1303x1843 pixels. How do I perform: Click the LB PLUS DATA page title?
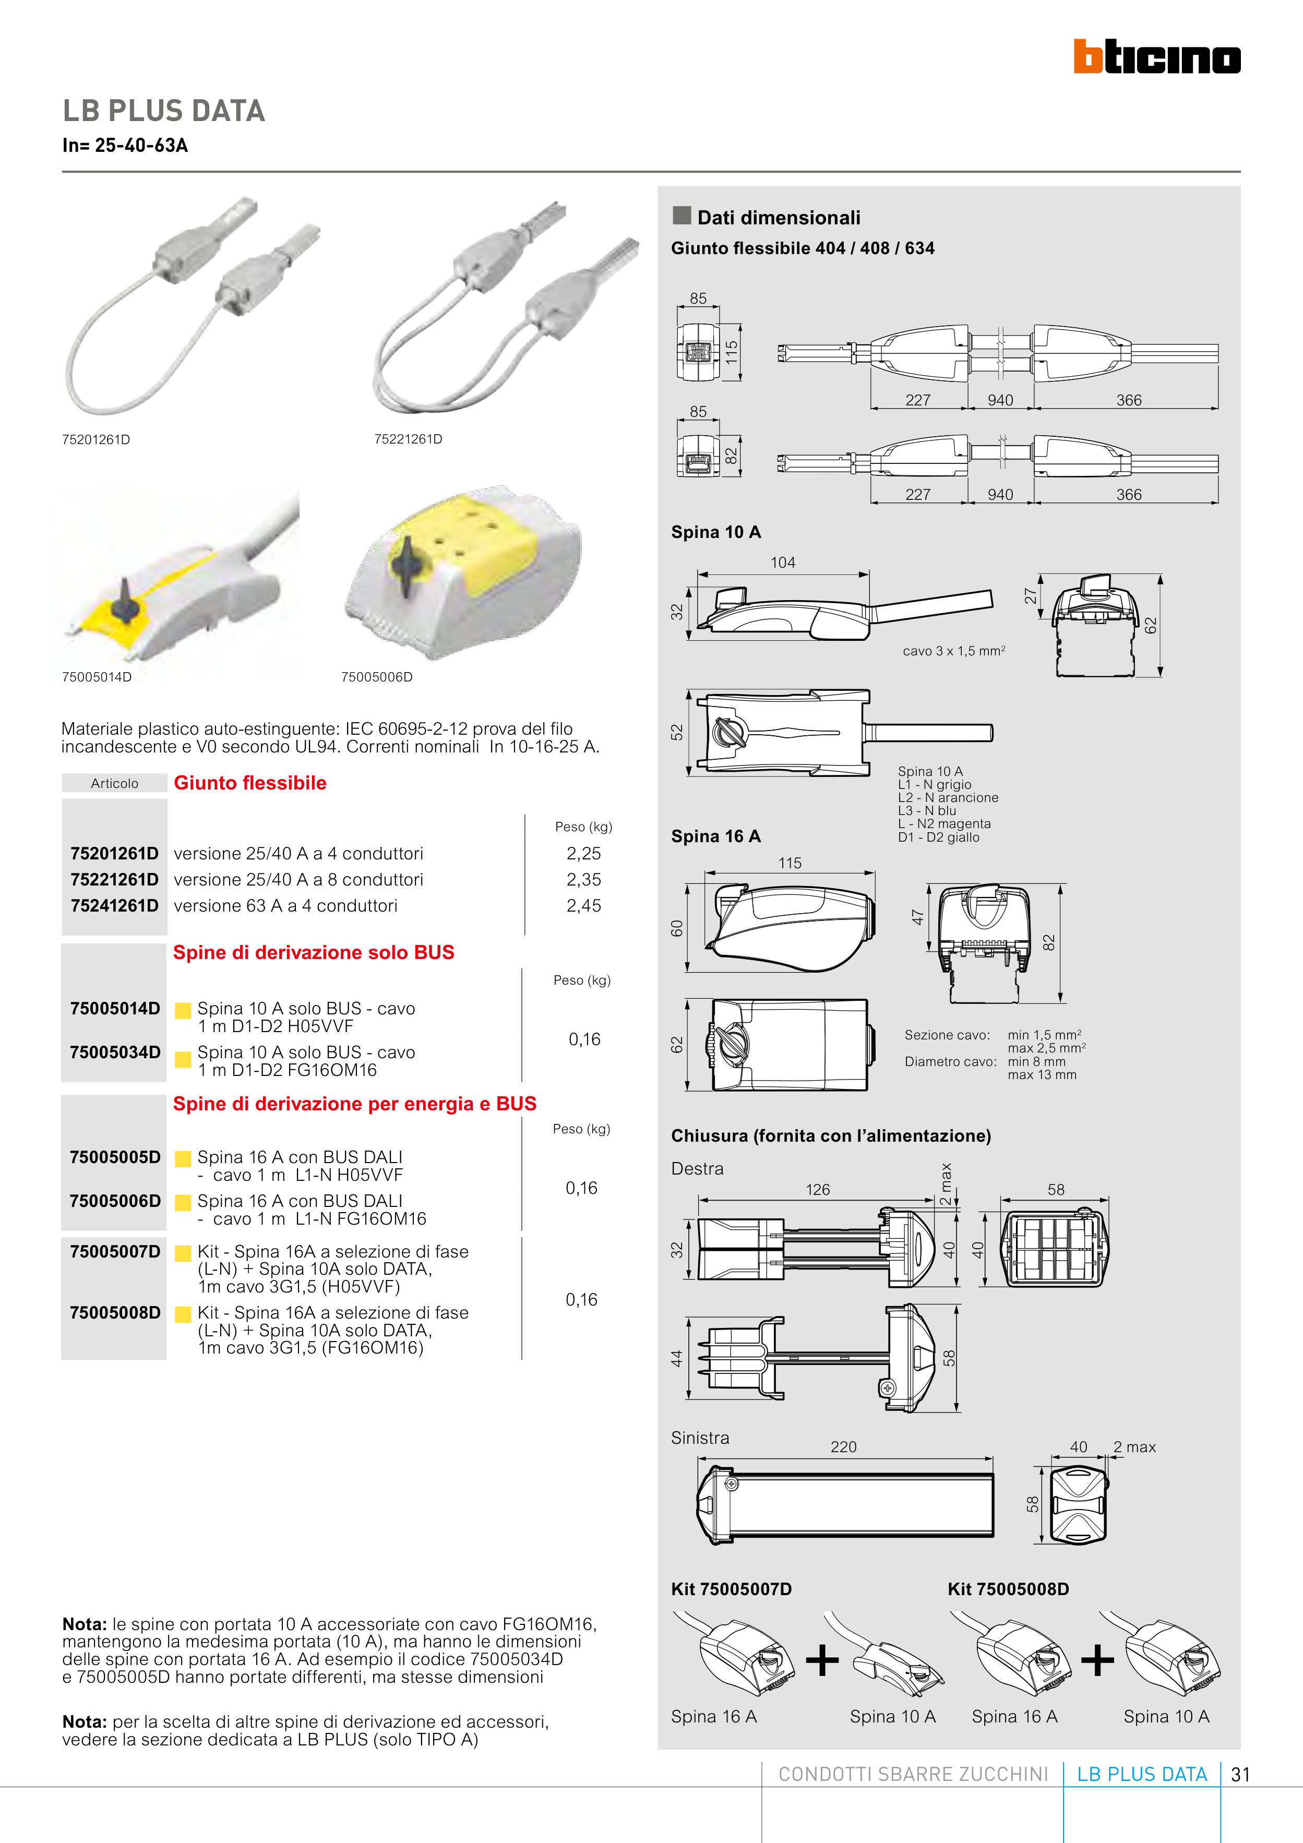click(x=164, y=111)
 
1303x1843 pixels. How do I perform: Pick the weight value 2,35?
click(x=583, y=880)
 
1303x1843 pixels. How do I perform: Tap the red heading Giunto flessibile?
click(x=249, y=783)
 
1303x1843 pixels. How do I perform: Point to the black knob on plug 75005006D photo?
click(x=404, y=564)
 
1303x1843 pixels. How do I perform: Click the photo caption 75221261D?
click(x=408, y=439)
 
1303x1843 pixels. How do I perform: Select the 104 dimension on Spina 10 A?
click(x=783, y=563)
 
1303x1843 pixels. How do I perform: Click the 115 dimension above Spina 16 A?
click(x=790, y=863)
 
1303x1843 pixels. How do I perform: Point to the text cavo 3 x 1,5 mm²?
click(x=953, y=651)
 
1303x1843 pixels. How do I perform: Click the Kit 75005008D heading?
click(x=1008, y=1589)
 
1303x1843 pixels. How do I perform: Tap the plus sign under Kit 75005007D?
click(x=822, y=1660)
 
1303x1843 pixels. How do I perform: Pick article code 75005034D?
click(x=115, y=1052)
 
